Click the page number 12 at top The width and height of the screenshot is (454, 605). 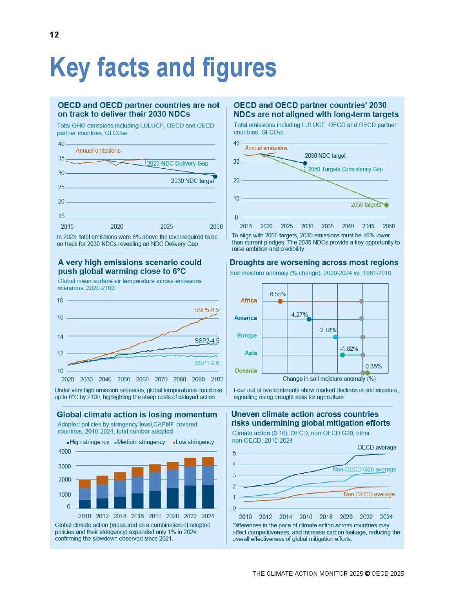pos(54,35)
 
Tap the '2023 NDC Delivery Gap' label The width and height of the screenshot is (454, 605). pos(177,163)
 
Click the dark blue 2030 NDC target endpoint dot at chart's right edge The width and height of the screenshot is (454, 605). pos(215,177)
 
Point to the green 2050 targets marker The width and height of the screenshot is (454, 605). pos(387,205)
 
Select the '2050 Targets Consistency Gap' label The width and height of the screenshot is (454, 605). pos(345,169)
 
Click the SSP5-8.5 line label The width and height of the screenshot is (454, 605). pos(206,310)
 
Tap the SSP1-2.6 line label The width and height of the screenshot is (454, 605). pos(206,363)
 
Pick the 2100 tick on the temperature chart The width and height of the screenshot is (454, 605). pos(217,380)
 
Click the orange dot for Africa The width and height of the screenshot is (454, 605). pos(280,301)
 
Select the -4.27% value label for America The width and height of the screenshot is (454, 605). pos(298,315)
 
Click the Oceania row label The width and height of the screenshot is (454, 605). pos(246,371)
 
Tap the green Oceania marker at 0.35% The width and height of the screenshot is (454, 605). pos(367,373)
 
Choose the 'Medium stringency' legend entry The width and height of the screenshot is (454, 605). pos(141,442)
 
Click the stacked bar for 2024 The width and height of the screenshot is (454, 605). pos(208,483)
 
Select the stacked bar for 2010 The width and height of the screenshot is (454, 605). pos(85,494)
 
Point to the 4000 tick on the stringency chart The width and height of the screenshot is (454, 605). pos(65,452)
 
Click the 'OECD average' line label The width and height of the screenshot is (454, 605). pos(377,448)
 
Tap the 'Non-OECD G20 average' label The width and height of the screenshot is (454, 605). pos(364,470)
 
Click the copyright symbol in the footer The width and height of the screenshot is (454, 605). pos(367,574)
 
